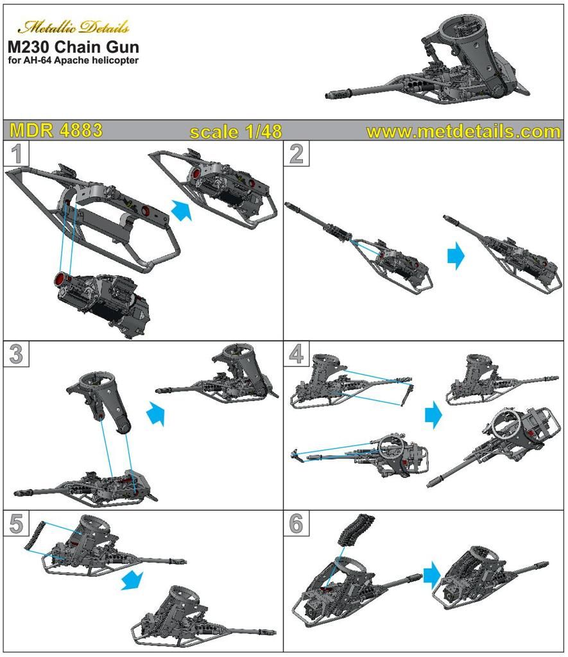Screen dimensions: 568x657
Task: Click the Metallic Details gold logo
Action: (x=73, y=27)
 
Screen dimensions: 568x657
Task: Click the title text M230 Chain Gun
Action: (x=73, y=46)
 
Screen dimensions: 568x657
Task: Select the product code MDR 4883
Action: (x=56, y=130)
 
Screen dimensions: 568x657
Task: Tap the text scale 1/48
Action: (x=236, y=132)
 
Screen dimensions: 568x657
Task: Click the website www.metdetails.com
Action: (x=463, y=132)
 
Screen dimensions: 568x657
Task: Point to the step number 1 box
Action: (x=16, y=154)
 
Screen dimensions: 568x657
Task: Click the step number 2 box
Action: (x=297, y=154)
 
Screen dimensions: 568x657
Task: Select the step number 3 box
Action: (x=16, y=354)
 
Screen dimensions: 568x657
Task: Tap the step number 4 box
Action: (x=297, y=354)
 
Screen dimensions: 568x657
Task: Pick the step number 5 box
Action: (x=16, y=524)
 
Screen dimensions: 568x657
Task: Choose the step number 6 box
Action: (x=297, y=524)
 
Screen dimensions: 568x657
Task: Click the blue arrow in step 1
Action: (x=182, y=210)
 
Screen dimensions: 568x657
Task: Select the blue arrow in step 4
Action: (x=433, y=415)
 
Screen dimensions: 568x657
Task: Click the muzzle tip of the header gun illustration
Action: (x=327, y=96)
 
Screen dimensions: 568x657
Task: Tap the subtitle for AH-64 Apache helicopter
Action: (x=73, y=60)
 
